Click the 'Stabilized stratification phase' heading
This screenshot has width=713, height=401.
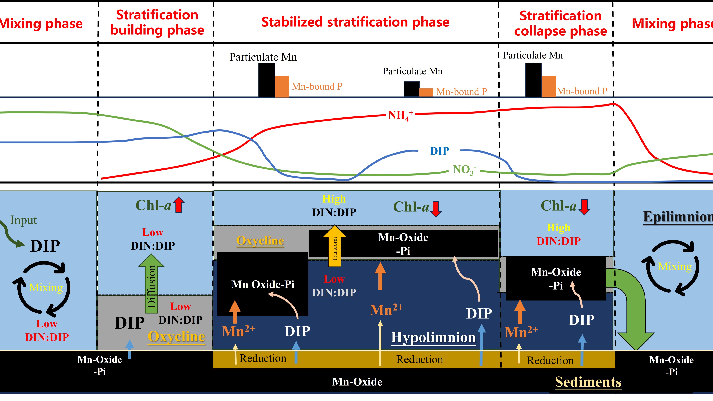355,22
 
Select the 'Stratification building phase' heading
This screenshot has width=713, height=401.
157,22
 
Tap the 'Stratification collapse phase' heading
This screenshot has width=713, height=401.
561,23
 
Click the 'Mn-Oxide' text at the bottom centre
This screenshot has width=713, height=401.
357,382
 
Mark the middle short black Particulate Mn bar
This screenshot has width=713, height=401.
411,89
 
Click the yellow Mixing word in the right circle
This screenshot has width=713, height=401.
675,267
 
